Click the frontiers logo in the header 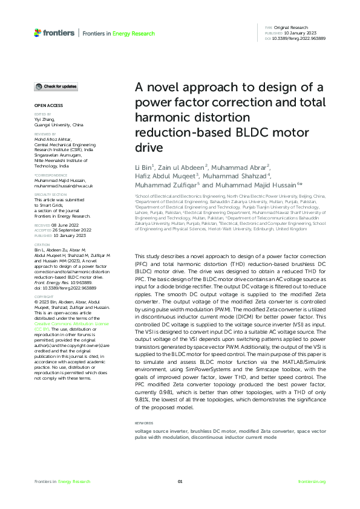click(54, 33)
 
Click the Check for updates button click(56, 86)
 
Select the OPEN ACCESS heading click(46, 106)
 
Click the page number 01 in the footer click(180, 482)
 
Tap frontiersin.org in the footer click(312, 482)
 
